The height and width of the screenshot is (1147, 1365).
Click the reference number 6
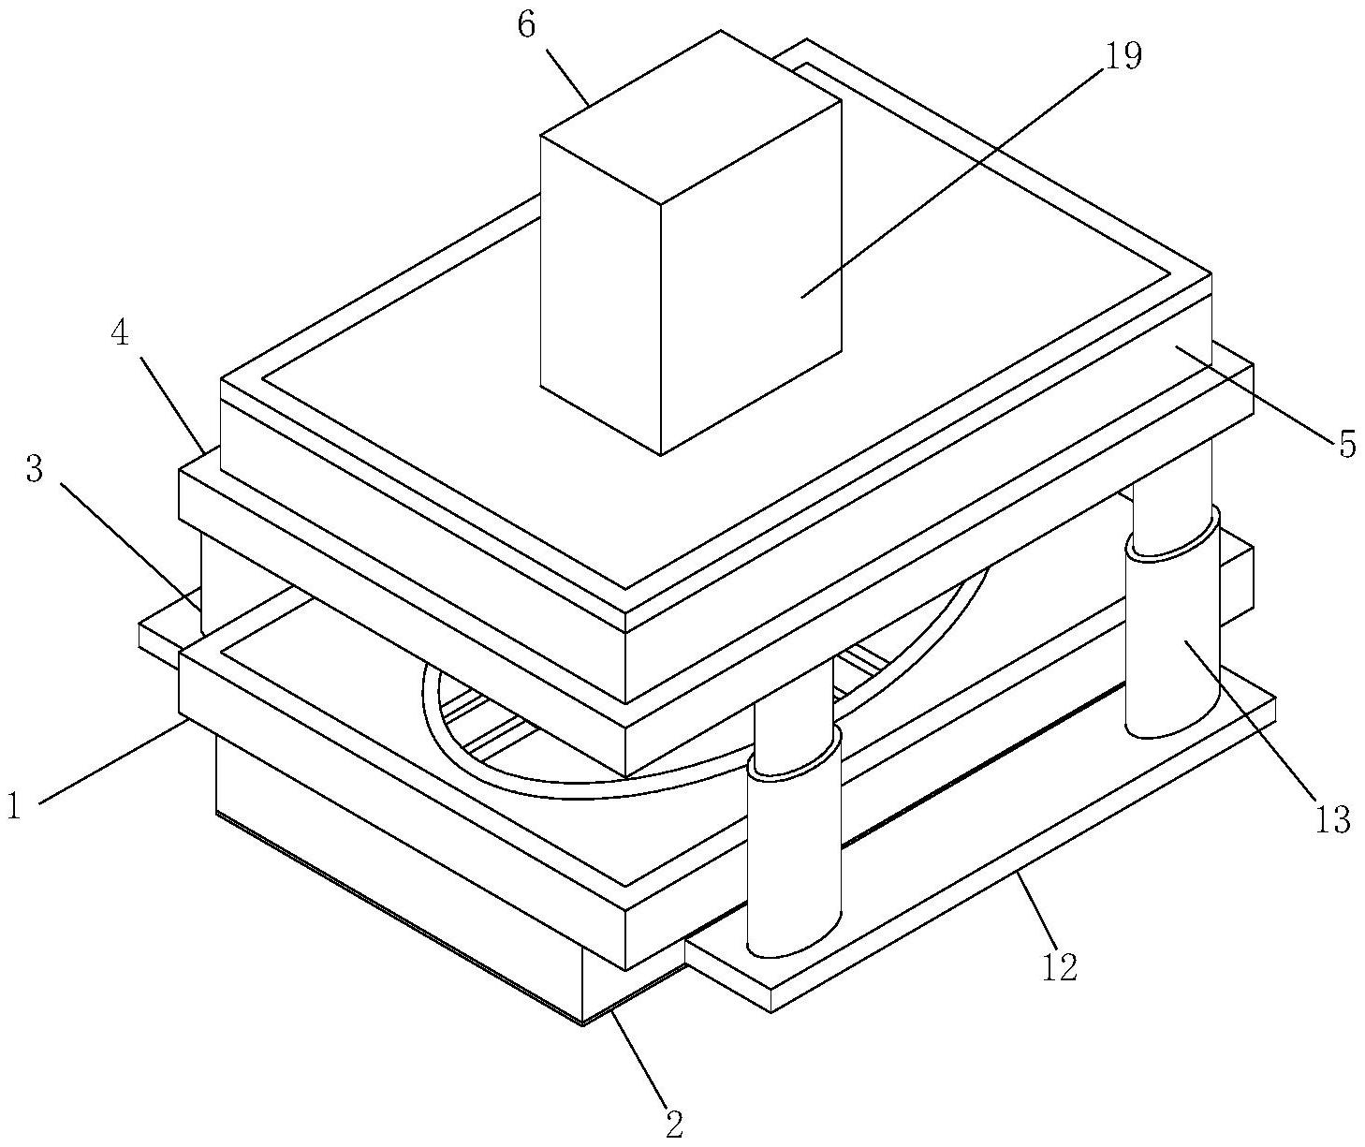click(x=526, y=25)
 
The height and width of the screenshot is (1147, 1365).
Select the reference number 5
click(x=1346, y=445)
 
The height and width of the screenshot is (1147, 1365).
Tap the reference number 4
click(x=121, y=334)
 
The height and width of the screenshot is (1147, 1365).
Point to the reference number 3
click(x=35, y=469)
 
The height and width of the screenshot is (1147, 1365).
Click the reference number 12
click(x=1060, y=966)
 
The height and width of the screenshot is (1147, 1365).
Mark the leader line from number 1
click(x=112, y=760)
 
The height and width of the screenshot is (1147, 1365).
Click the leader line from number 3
click(x=131, y=543)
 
